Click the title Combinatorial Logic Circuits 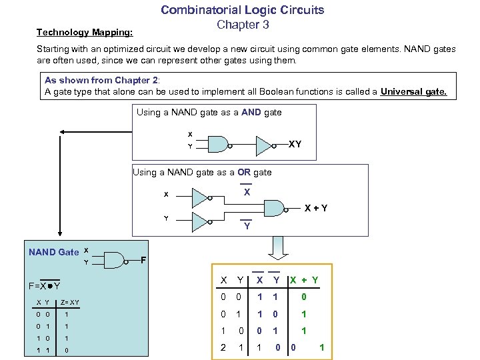pyautogui.click(x=242, y=10)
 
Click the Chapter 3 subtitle pyautogui.click(x=243, y=25)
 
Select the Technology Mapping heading pyautogui.click(x=85, y=32)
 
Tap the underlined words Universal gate pyautogui.click(x=413, y=92)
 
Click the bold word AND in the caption pyautogui.click(x=251, y=113)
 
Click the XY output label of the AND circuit pyautogui.click(x=294, y=144)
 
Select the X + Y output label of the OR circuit pyautogui.click(x=316, y=208)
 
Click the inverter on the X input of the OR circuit pyautogui.click(x=200, y=196)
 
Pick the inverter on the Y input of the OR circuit pyautogui.click(x=200, y=220)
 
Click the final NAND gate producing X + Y pyautogui.click(x=276, y=207)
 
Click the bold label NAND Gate pyautogui.click(x=53, y=252)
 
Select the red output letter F pyautogui.click(x=143, y=259)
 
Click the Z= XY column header pyautogui.click(x=69, y=303)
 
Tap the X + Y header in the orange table pyautogui.click(x=303, y=280)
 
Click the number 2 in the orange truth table pyautogui.click(x=224, y=347)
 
